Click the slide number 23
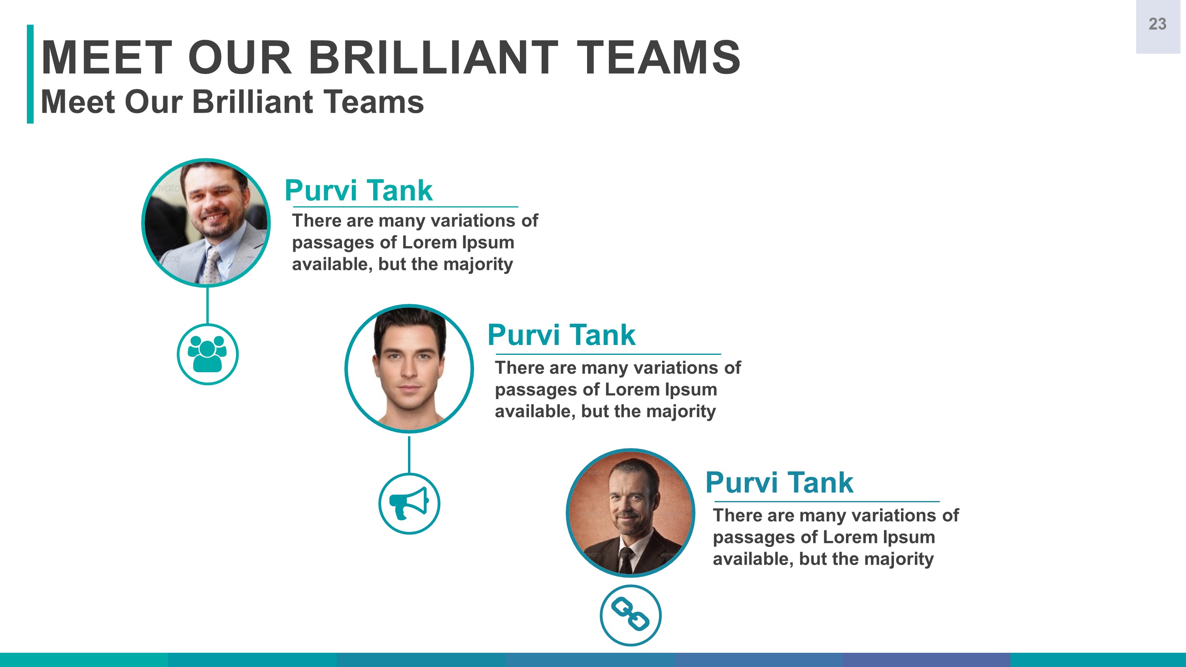(1157, 24)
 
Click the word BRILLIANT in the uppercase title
(433, 58)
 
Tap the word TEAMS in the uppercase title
(658, 58)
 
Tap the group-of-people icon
(207, 354)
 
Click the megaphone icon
(409, 503)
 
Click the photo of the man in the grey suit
(206, 223)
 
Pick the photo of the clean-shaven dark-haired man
(409, 368)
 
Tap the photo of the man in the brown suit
(630, 513)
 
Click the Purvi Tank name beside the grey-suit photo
(359, 190)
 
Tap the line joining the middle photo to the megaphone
(409, 455)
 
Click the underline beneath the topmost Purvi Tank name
(405, 207)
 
